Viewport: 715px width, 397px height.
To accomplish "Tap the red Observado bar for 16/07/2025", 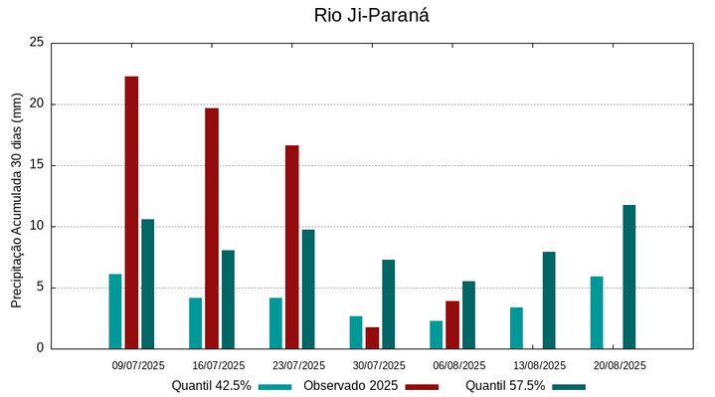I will (212, 228).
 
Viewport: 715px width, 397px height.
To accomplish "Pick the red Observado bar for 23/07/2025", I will (291, 247).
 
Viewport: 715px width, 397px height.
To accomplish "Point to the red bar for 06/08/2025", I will (452, 324).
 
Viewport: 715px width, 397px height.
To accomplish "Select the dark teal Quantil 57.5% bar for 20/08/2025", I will (628, 277).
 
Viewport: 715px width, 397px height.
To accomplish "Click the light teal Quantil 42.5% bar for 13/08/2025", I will (516, 327).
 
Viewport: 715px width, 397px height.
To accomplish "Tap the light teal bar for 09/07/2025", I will (115, 311).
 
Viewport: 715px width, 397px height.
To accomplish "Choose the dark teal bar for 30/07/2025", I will (388, 303).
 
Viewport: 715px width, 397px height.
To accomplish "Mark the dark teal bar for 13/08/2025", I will (549, 299).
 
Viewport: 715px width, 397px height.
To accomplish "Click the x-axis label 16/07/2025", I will (219, 365).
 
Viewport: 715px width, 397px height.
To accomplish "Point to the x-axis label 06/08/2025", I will (459, 365).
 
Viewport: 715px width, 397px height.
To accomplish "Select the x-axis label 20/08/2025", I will (620, 365).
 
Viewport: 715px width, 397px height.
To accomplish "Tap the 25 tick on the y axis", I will (37, 43).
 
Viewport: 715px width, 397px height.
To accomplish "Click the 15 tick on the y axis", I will (37, 165).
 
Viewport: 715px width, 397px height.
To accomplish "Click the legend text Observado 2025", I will (351, 386).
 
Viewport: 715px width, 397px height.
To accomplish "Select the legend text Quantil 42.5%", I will (211, 386).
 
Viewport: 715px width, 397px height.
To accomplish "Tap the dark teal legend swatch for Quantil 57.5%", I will (569, 386).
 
